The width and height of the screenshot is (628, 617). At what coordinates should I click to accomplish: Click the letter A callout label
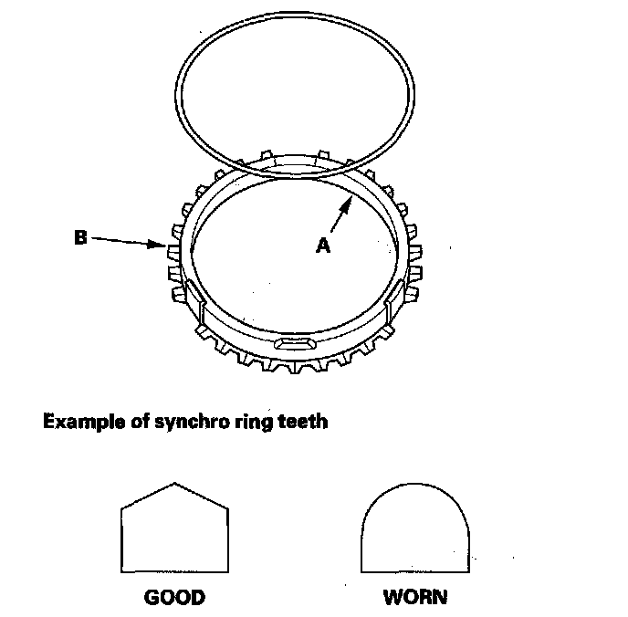(x=322, y=245)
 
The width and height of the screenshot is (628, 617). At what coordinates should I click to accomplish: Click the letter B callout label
(x=81, y=239)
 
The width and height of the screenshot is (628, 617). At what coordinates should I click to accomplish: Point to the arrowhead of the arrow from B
(x=161, y=245)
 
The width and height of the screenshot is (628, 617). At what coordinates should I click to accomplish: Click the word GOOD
(x=174, y=599)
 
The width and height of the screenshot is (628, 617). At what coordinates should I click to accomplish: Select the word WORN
(x=415, y=599)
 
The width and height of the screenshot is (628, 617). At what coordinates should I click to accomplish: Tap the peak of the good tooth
(x=174, y=483)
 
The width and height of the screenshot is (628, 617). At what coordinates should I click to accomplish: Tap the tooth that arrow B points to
(x=171, y=247)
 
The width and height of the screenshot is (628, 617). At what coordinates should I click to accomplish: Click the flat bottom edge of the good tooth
(x=174, y=571)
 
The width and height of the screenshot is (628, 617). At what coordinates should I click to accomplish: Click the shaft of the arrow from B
(x=123, y=241)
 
